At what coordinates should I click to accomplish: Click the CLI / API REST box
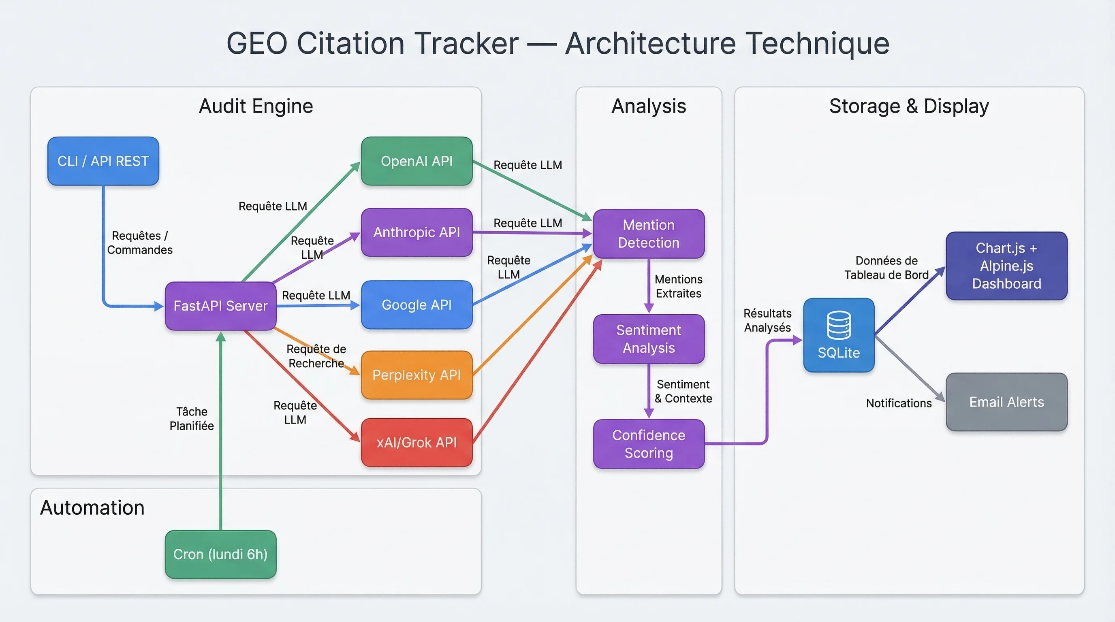[103, 161]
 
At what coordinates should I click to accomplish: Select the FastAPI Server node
[220, 306]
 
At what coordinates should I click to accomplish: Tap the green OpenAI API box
[417, 161]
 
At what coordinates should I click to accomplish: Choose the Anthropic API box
[417, 232]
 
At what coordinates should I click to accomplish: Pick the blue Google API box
[417, 305]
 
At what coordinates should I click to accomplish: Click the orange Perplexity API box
[417, 375]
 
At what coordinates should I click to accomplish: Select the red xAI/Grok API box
[417, 442]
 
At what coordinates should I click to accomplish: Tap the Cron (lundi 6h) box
[220, 554]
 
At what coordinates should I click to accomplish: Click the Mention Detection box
[648, 234]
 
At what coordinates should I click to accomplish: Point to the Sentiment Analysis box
[648, 339]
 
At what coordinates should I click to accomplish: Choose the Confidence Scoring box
[648, 444]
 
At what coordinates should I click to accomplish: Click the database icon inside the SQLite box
[838, 325]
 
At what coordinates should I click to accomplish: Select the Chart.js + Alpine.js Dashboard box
[1006, 266]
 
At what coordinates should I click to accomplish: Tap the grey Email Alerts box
[1006, 402]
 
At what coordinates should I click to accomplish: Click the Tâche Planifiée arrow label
[191, 418]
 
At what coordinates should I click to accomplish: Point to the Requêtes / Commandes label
[139, 243]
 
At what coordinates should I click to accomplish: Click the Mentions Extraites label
[678, 286]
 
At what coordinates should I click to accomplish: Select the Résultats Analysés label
[767, 320]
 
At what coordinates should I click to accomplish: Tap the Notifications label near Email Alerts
[899, 403]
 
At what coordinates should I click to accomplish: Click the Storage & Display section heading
[909, 106]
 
